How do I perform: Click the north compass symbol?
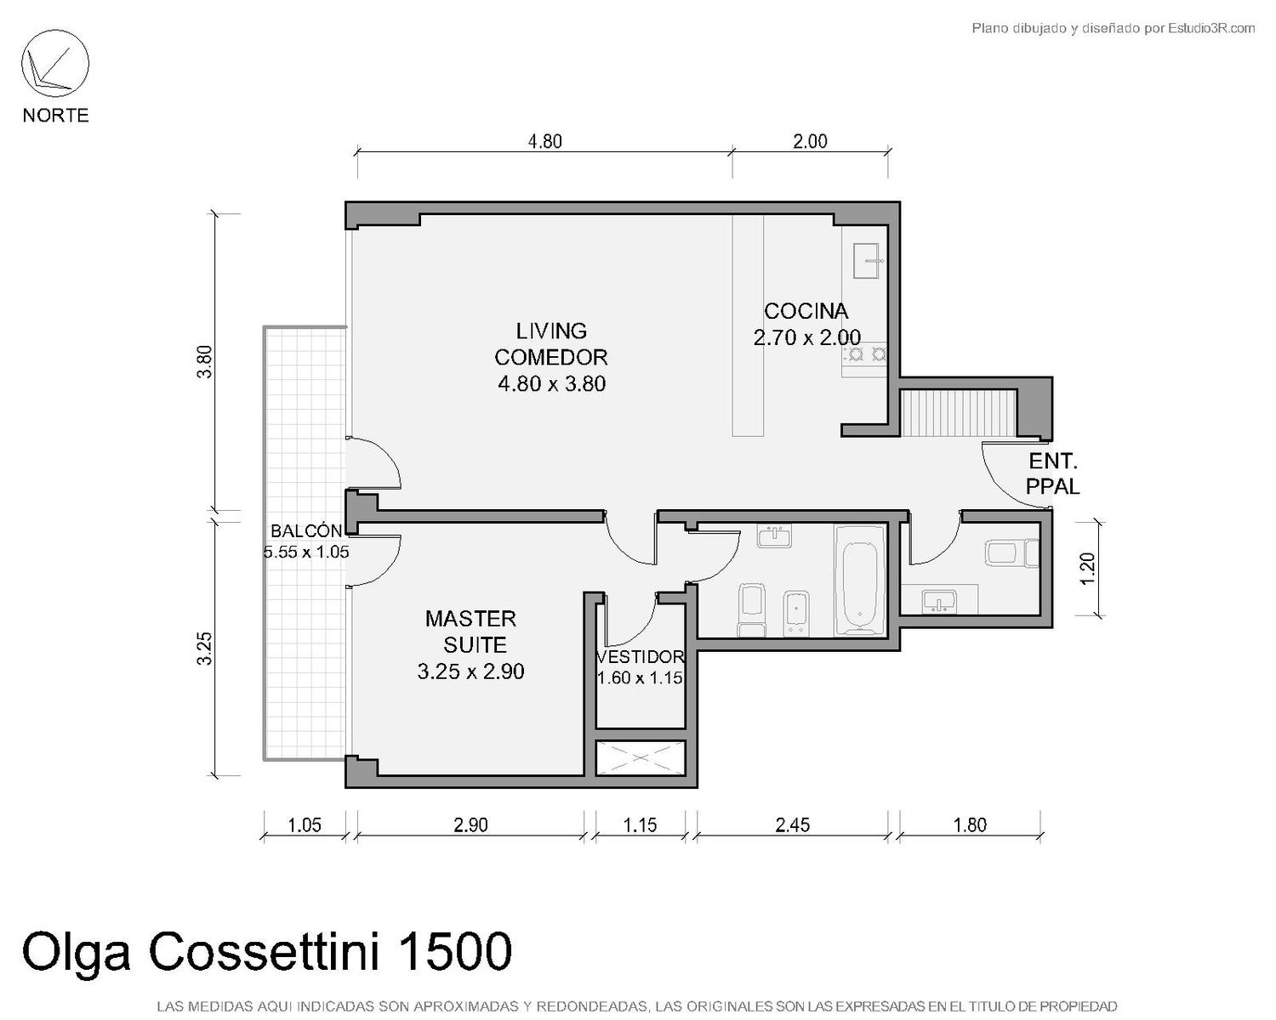click(55, 64)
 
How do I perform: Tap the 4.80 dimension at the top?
click(544, 142)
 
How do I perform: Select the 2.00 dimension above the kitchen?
click(810, 142)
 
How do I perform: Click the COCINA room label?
click(806, 311)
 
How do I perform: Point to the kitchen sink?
click(866, 261)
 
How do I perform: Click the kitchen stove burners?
click(865, 354)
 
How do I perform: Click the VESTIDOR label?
click(641, 657)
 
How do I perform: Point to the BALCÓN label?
click(306, 530)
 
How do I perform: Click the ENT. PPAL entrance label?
click(1053, 473)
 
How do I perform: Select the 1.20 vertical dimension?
click(1087, 569)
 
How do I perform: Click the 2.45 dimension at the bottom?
click(792, 825)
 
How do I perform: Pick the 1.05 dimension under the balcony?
click(305, 825)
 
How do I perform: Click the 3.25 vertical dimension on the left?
click(204, 649)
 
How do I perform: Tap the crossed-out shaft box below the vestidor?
click(641, 758)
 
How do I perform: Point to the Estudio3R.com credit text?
click(1113, 28)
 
